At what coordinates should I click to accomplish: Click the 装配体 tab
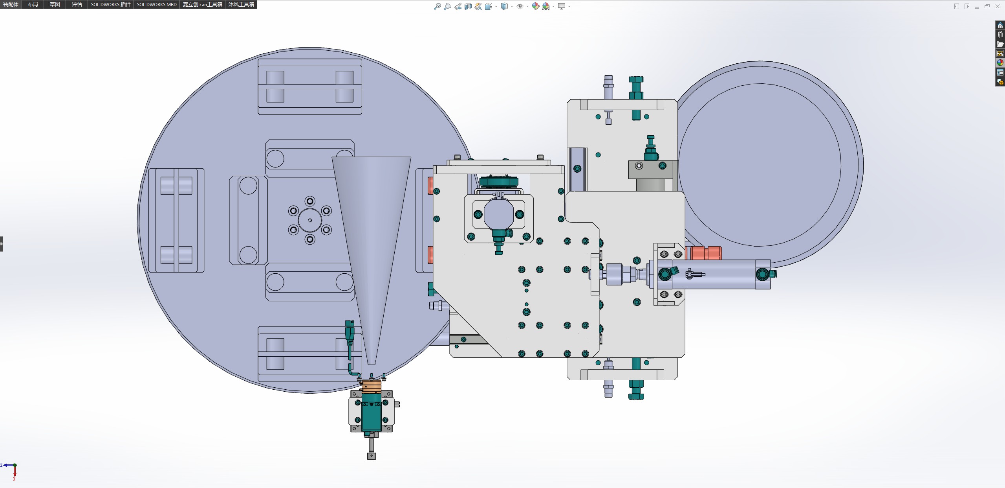pos(11,4)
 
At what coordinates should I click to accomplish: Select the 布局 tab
pos(33,4)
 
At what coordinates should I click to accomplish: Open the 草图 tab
pos(55,4)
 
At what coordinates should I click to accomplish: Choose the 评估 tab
pos(77,4)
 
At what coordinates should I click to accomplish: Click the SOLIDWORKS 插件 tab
pos(111,4)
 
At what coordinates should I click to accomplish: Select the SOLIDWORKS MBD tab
pos(157,4)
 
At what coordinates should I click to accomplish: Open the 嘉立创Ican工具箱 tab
pos(203,4)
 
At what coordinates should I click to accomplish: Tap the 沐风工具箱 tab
pos(241,4)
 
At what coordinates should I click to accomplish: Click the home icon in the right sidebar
pos(1000,26)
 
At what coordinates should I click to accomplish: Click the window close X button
pos(998,6)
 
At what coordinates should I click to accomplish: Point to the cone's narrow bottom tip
pos(371,364)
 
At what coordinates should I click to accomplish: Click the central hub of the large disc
pos(310,220)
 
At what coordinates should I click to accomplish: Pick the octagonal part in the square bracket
pos(499,214)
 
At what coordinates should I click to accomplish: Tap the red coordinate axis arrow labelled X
pos(15,472)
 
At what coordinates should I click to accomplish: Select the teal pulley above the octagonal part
pos(499,181)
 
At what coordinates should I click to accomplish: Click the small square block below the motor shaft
pos(372,456)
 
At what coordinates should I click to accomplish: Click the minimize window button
pos(977,6)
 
